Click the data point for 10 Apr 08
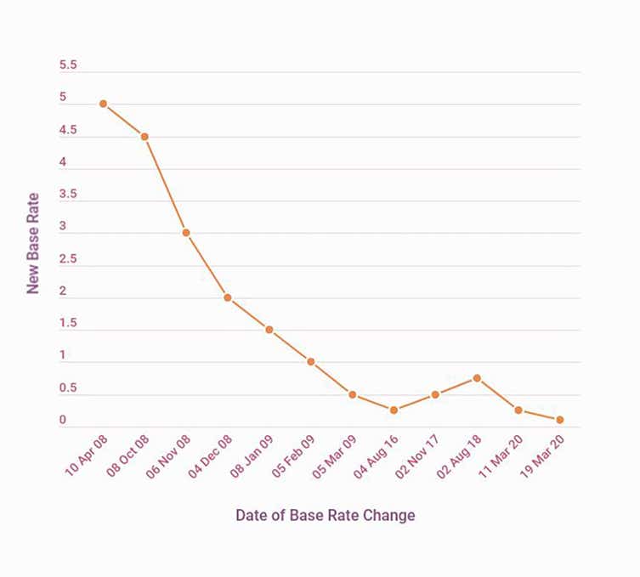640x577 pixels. tap(103, 104)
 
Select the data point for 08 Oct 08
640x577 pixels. tap(144, 137)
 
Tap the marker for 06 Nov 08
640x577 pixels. tap(186, 233)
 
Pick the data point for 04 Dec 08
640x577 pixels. tap(228, 297)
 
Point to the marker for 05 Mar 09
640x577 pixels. tap(352, 394)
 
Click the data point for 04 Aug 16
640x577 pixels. tap(394, 410)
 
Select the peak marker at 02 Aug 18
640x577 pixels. tap(477, 377)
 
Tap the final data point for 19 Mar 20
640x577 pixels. tap(560, 420)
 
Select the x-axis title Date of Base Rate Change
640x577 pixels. tap(326, 515)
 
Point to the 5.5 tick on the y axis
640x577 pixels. tap(68, 65)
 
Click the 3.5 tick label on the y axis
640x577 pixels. tap(68, 195)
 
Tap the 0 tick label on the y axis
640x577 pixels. tap(62, 421)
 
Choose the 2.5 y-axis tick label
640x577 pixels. tap(68, 259)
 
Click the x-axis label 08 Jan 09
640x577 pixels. tap(252, 457)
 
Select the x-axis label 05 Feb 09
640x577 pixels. tap(293, 457)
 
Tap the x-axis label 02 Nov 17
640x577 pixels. tap(417, 457)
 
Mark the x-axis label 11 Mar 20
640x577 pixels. tap(501, 457)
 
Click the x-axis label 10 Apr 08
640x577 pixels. tap(85, 457)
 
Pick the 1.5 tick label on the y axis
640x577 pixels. tap(68, 324)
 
